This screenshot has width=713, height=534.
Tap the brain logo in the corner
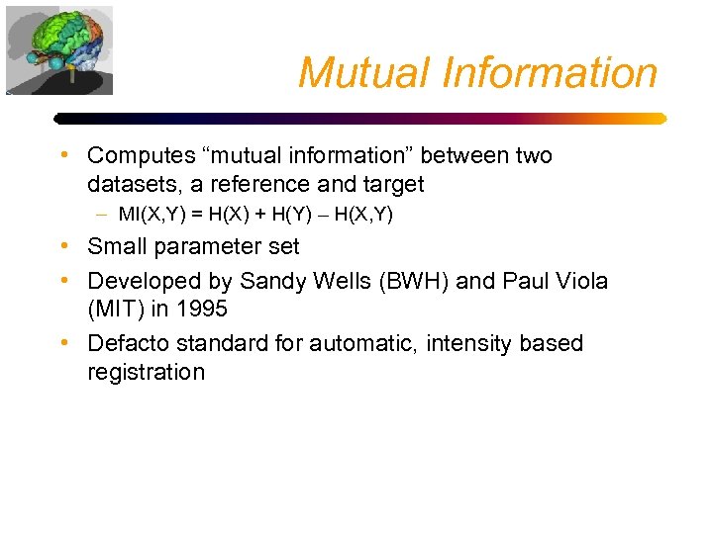pos(59,49)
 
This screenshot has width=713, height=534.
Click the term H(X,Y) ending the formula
pos(363,214)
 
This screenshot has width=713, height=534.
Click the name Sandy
pos(268,280)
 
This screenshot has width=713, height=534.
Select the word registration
pos(146,372)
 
